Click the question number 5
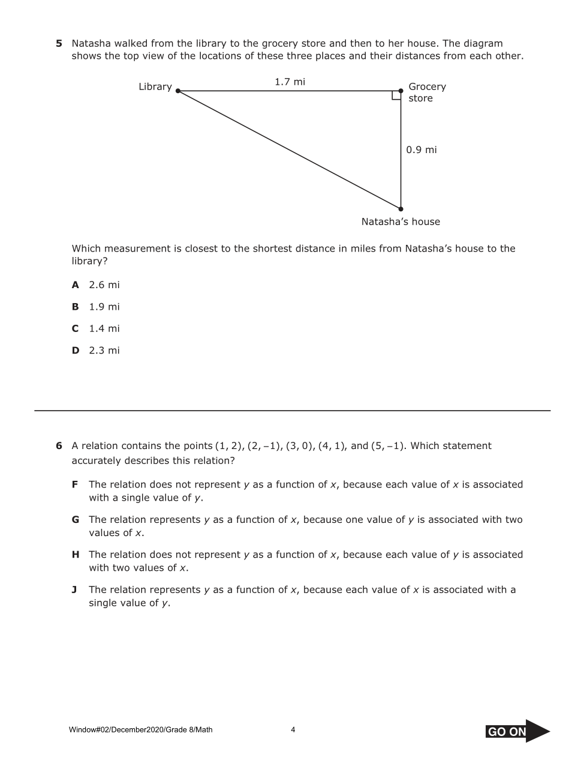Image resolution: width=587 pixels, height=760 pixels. [x=59, y=43]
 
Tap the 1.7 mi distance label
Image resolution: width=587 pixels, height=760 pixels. [x=290, y=82]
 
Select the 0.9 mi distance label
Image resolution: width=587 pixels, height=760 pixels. [x=421, y=149]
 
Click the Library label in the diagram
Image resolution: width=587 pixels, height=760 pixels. [x=155, y=86]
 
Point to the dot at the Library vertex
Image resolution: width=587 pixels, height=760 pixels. [x=178, y=91]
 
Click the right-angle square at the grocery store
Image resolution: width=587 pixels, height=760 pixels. [x=396, y=95]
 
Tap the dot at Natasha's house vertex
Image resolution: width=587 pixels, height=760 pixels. [x=401, y=209]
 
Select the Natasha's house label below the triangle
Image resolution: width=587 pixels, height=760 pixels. [x=401, y=222]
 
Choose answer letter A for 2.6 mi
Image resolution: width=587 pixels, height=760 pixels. [x=76, y=285]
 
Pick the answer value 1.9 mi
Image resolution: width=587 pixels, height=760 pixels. [x=104, y=307]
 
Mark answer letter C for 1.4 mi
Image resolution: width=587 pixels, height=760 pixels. [x=76, y=328]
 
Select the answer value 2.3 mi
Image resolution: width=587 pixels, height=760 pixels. [x=104, y=351]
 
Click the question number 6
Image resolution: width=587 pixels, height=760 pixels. [x=59, y=445]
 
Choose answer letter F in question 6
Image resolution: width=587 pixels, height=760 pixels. [x=75, y=484]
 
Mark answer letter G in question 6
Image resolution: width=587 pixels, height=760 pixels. [x=76, y=519]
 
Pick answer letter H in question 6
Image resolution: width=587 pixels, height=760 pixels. [x=76, y=555]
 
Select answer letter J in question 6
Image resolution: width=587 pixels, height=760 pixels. [x=74, y=590]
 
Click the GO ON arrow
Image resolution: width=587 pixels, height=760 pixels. [x=517, y=731]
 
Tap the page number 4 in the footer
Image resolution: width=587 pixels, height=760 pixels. [x=293, y=730]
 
